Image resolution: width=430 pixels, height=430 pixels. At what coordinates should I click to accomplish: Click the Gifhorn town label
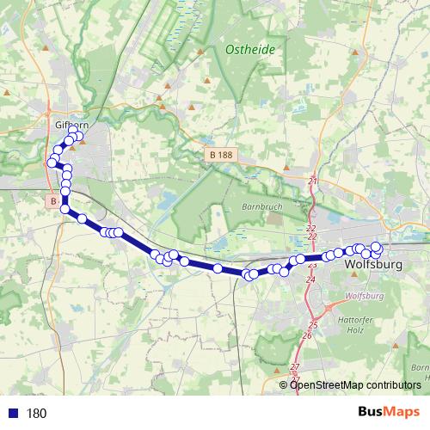click(x=59, y=125)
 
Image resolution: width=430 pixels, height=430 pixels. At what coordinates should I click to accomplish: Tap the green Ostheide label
click(x=250, y=50)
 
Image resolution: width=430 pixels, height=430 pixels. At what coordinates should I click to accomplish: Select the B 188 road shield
click(x=221, y=155)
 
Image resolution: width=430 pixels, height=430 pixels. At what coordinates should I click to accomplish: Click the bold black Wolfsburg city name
click(x=372, y=265)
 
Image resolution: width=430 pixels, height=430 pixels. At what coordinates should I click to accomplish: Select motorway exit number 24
click(x=310, y=279)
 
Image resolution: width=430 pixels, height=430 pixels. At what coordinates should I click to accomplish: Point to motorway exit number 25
click(x=313, y=325)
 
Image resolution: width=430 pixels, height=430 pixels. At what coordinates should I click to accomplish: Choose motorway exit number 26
click(x=307, y=335)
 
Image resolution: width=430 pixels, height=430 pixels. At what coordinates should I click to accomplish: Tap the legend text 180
click(x=36, y=413)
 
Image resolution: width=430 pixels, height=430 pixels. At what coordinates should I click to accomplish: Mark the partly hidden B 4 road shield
click(x=53, y=201)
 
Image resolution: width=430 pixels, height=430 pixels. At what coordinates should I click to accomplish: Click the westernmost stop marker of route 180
click(x=52, y=163)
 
